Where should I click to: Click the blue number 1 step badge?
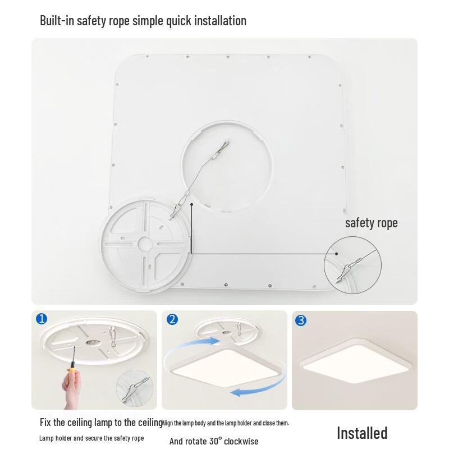[42, 319]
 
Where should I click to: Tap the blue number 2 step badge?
[172, 320]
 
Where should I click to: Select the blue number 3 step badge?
[301, 320]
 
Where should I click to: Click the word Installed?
[362, 433]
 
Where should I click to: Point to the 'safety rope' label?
[371, 223]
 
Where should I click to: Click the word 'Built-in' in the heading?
[58, 21]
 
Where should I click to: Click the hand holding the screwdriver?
[71, 390]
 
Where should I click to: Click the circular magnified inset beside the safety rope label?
[352, 264]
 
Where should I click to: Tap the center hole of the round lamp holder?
[144, 244]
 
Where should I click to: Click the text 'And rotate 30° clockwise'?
[214, 441]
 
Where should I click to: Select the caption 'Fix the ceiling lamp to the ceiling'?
[101, 422]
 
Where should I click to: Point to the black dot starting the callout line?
[191, 204]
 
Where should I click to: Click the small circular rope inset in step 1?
[135, 390]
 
